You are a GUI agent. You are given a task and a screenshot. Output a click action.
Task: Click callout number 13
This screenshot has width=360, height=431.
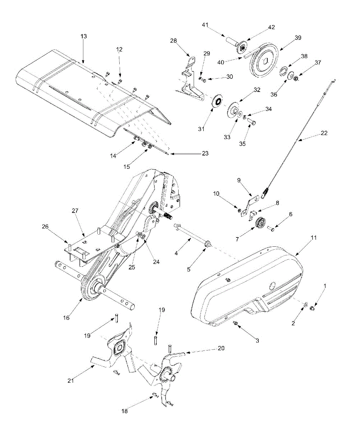tap(84, 36)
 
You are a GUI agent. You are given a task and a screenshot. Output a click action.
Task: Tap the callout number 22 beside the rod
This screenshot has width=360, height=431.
tap(324, 133)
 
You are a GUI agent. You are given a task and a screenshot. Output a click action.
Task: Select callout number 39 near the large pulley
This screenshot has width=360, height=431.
tap(298, 38)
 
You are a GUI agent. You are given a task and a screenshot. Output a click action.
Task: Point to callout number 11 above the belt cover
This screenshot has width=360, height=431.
tap(313, 237)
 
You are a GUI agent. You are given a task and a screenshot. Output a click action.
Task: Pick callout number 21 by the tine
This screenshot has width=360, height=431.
tap(71, 380)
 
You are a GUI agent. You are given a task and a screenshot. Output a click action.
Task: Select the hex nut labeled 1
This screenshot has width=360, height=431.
tap(313, 308)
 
